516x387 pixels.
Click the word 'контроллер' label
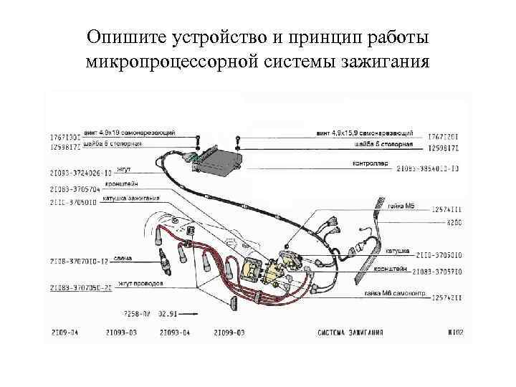(370, 163)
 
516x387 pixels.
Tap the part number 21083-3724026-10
(80, 173)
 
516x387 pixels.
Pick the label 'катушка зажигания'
(131, 198)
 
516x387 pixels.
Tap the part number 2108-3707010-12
(79, 262)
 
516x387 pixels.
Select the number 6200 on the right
(454, 223)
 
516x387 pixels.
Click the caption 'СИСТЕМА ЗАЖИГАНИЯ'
(350, 333)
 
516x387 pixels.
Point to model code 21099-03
(229, 333)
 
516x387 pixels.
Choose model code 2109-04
(64, 333)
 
